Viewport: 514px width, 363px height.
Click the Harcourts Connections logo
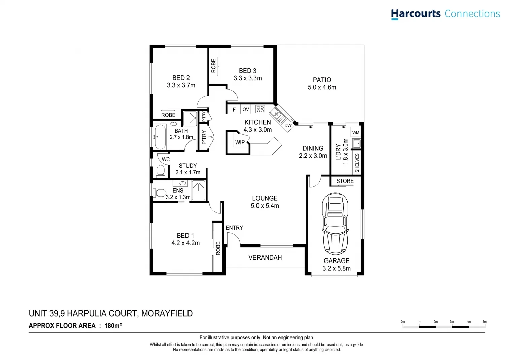(x=445, y=14)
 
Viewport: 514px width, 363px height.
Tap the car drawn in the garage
(x=335, y=223)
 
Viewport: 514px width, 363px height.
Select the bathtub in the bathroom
(x=160, y=137)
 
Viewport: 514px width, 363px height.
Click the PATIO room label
(x=322, y=80)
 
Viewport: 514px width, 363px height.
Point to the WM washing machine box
(x=356, y=133)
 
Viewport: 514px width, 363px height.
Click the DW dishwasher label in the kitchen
(x=288, y=126)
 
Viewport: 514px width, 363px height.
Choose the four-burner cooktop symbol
(x=260, y=109)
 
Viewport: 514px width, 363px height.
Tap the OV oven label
(x=246, y=109)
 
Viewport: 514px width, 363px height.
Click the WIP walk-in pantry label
(x=240, y=143)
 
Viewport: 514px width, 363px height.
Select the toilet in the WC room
(x=161, y=171)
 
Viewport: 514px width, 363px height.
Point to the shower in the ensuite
(x=198, y=191)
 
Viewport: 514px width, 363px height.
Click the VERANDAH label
(x=265, y=258)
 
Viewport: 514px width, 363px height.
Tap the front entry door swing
(x=233, y=239)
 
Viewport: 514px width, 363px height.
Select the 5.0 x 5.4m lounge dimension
(x=265, y=206)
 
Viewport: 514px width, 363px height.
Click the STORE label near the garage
(x=345, y=181)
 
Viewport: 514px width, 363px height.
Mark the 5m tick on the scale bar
(x=485, y=322)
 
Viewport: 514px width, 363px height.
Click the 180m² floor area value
(x=113, y=325)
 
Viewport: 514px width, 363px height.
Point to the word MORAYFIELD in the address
(x=167, y=313)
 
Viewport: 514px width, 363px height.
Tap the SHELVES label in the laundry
(x=357, y=163)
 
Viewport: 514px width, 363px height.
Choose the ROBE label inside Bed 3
(x=213, y=66)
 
